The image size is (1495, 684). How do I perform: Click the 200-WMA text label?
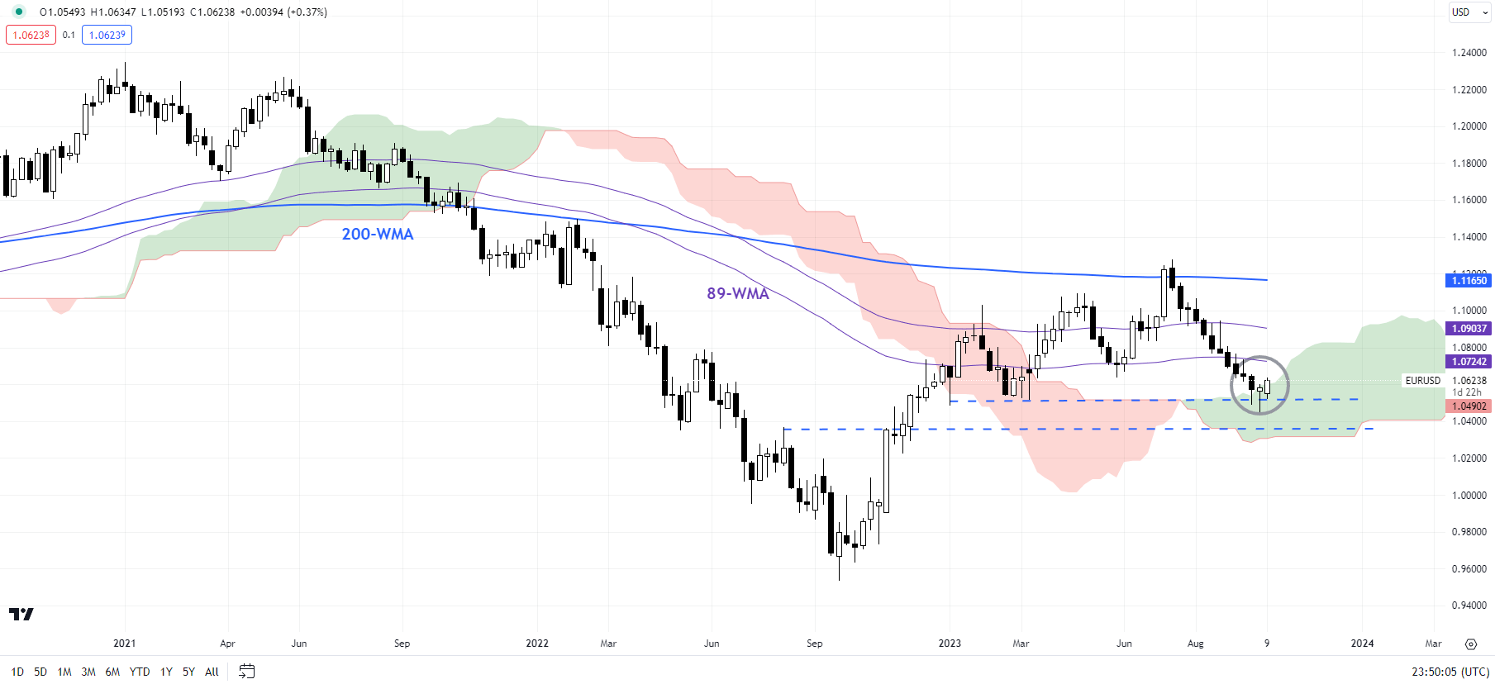pos(377,235)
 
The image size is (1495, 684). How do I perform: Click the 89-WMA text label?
pos(737,294)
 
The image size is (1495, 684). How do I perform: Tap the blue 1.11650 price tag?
pos(1469,281)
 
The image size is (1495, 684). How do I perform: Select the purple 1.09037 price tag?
pos(1469,329)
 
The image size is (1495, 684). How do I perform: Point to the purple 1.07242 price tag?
pos(1469,362)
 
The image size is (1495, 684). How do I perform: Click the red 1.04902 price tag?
pos(1469,406)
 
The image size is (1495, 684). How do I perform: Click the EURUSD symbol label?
pos(1422,381)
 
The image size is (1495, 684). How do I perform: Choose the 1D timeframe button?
pos(17,672)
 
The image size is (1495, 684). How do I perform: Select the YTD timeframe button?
pos(140,672)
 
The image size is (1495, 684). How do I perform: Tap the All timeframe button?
pos(212,672)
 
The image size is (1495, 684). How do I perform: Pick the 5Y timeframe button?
pos(188,672)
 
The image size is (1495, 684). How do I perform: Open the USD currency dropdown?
pos(1469,12)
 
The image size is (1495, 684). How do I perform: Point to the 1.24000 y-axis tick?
pos(1469,53)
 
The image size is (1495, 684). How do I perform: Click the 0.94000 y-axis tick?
pos(1469,606)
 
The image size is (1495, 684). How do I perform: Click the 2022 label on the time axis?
pos(537,644)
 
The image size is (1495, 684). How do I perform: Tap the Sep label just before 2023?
pos(814,644)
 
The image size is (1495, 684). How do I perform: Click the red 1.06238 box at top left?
pos(31,36)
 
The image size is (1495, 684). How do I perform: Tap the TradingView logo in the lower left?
pos(21,614)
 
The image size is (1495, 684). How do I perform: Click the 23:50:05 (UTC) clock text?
pos(1450,672)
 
